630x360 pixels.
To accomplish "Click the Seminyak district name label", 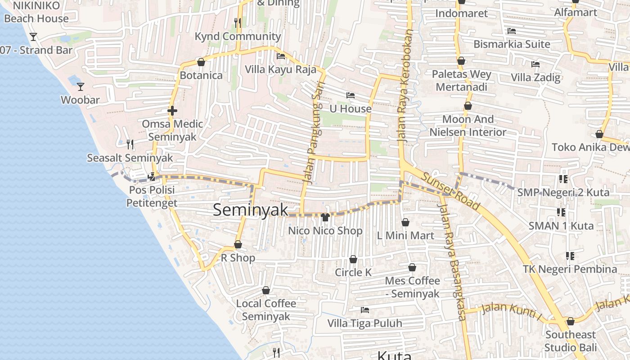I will (x=250, y=210).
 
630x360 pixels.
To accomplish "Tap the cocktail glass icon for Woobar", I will (x=81, y=86).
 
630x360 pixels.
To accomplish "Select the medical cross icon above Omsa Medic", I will (x=172, y=111).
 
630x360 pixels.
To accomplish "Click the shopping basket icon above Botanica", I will (x=201, y=62).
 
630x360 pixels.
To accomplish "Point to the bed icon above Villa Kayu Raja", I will (x=281, y=56).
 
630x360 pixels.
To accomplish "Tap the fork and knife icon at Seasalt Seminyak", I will (x=130, y=144).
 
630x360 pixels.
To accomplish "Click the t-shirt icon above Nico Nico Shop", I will (x=325, y=217).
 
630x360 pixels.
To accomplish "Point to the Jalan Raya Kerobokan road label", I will (x=405, y=85).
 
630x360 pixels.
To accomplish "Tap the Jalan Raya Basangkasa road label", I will (x=451, y=261).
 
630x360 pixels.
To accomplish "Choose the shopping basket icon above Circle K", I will (x=353, y=260).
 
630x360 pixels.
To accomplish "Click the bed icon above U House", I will (x=351, y=95).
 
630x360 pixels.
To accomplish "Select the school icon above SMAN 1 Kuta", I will (x=561, y=212).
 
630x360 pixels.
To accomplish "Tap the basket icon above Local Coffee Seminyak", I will (x=266, y=290).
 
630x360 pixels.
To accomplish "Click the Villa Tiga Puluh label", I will (x=364, y=323).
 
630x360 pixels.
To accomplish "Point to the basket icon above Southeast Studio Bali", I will (x=571, y=321).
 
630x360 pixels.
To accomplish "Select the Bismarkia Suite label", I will (x=512, y=44).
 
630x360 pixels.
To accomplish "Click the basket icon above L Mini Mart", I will (x=405, y=222).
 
